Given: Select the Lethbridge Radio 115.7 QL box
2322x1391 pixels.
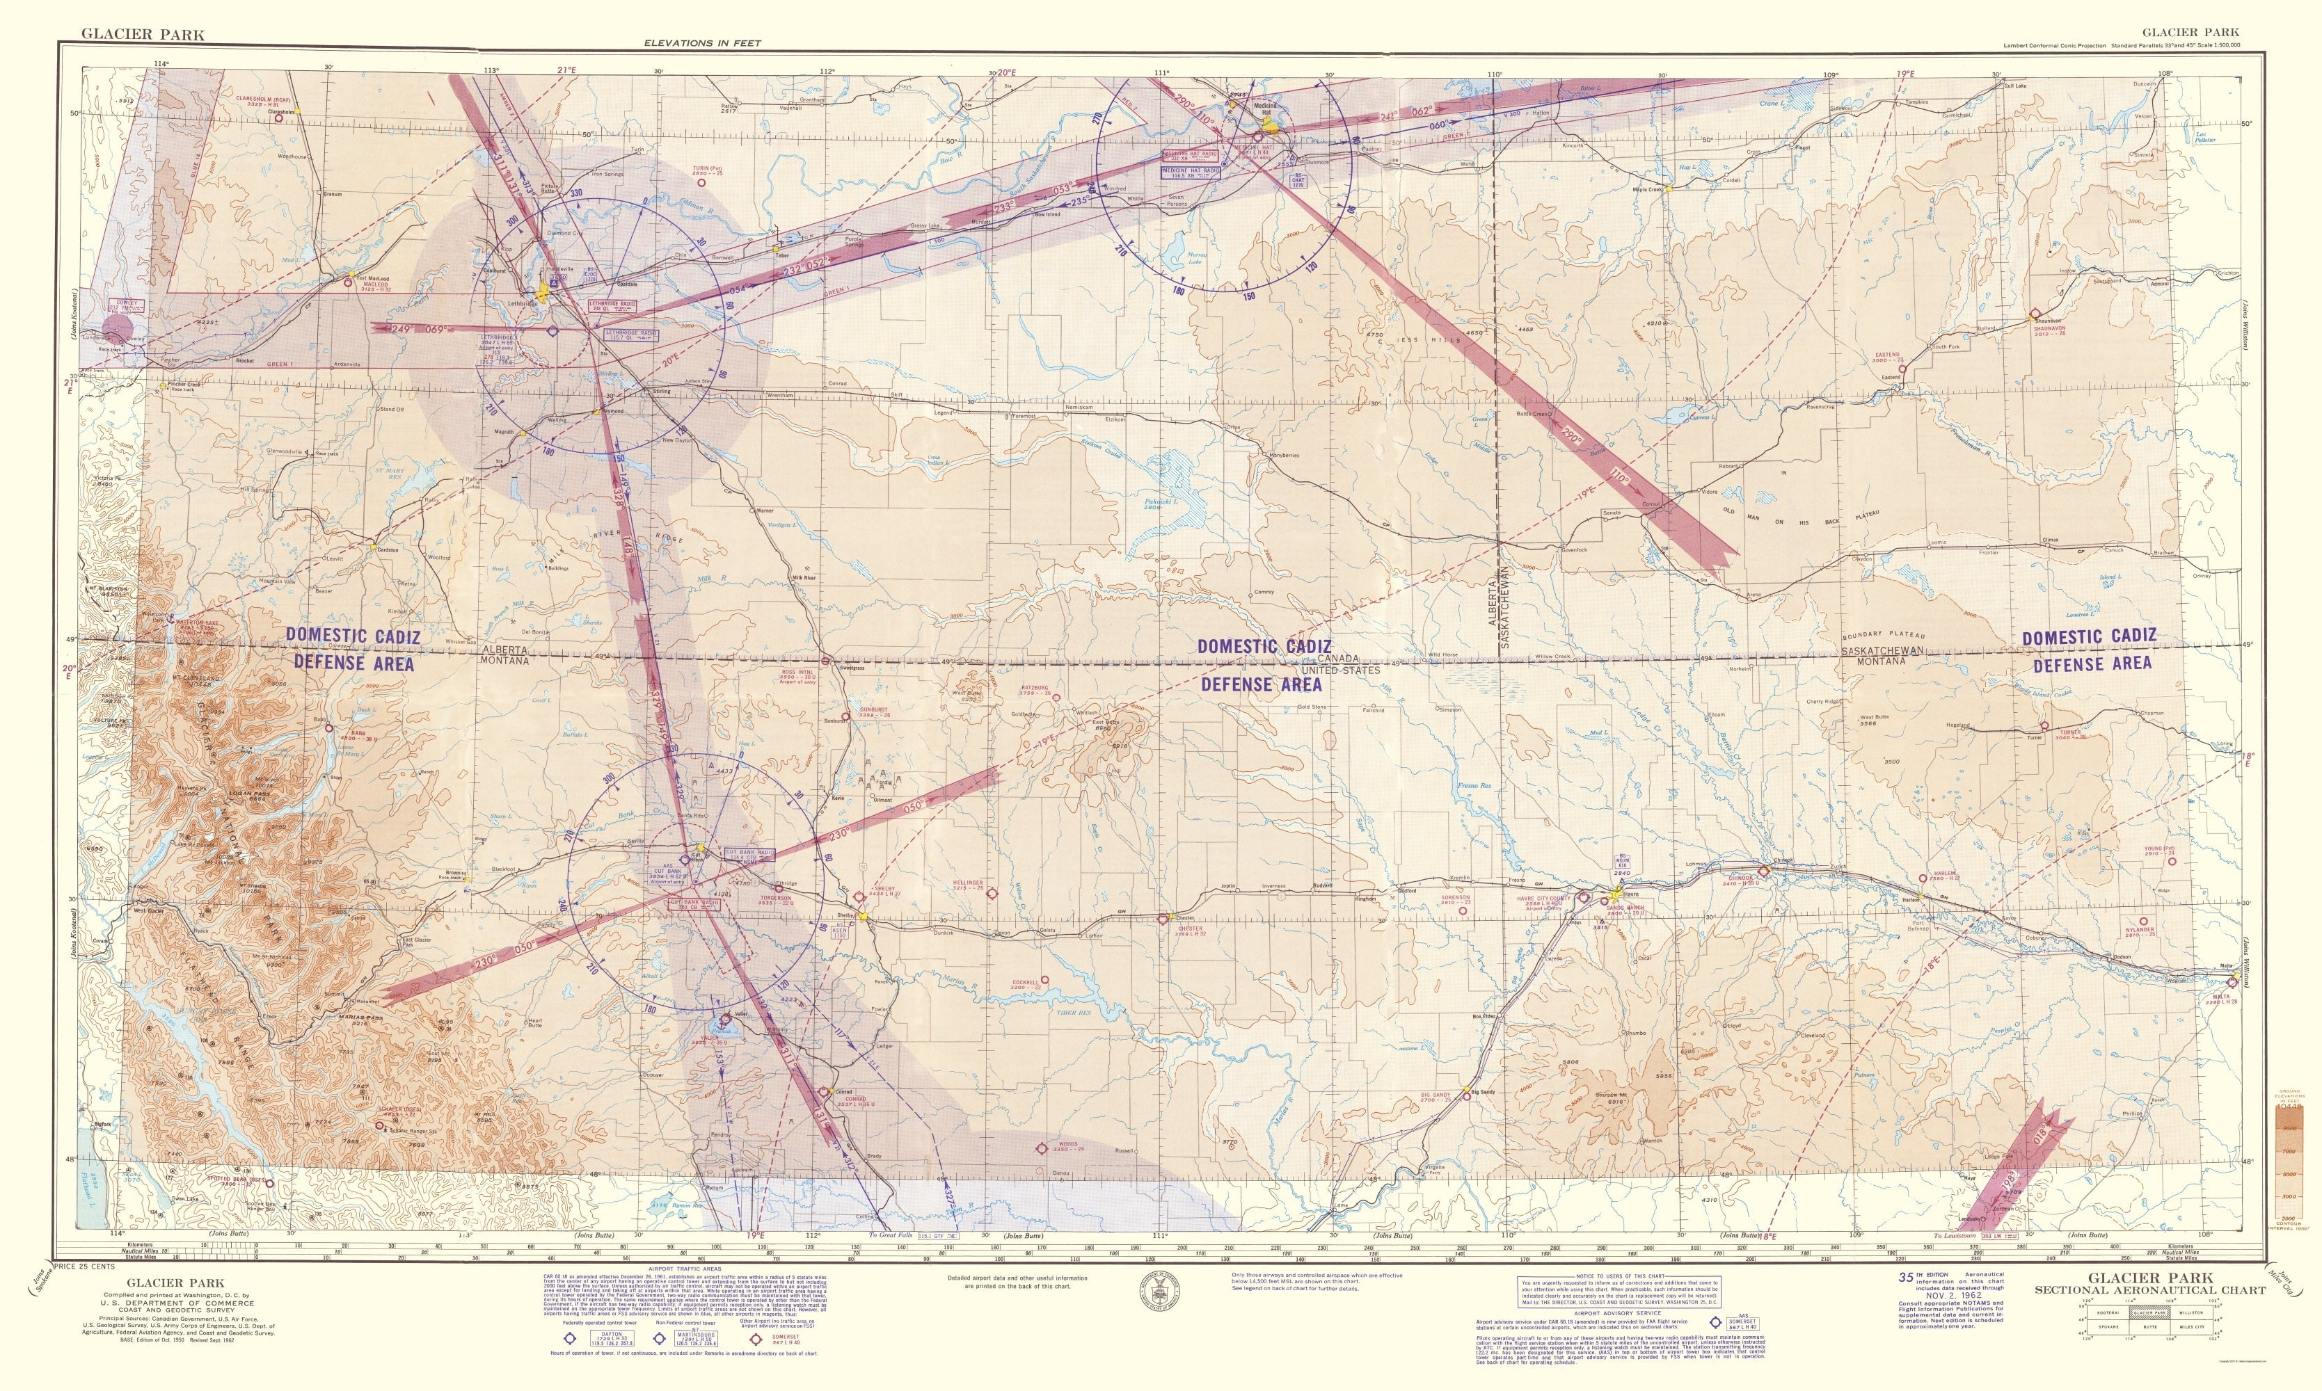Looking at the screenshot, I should click(630, 334).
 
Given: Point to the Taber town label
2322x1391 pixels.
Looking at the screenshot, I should click(781, 255).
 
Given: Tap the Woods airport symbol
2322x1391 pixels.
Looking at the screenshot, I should click(1042, 1148).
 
